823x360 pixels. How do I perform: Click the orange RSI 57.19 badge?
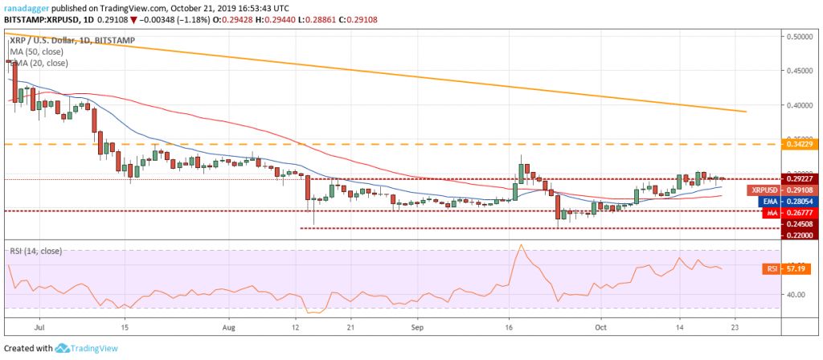click(777, 268)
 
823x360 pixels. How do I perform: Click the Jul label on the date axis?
click(38, 328)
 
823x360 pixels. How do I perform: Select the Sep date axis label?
click(416, 328)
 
